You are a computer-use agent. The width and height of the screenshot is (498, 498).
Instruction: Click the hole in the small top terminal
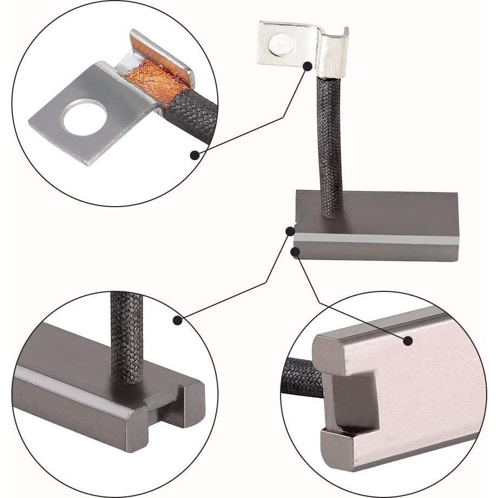[x=282, y=45]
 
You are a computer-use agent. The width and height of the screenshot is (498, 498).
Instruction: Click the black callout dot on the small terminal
[x=308, y=66]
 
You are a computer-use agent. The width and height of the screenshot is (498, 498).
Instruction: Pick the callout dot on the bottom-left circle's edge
[x=178, y=320]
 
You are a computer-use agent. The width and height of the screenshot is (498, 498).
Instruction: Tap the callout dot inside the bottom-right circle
[x=407, y=340]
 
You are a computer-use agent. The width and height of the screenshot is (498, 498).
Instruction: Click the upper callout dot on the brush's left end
[x=290, y=231]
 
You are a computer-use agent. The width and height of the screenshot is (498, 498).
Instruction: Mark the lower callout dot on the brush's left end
[x=295, y=251]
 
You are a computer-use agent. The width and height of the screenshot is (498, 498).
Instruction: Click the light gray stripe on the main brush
[x=378, y=238]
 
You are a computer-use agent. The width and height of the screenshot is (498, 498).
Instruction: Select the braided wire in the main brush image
[x=331, y=146]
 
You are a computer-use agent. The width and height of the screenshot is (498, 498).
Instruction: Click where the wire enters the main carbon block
[x=331, y=214]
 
